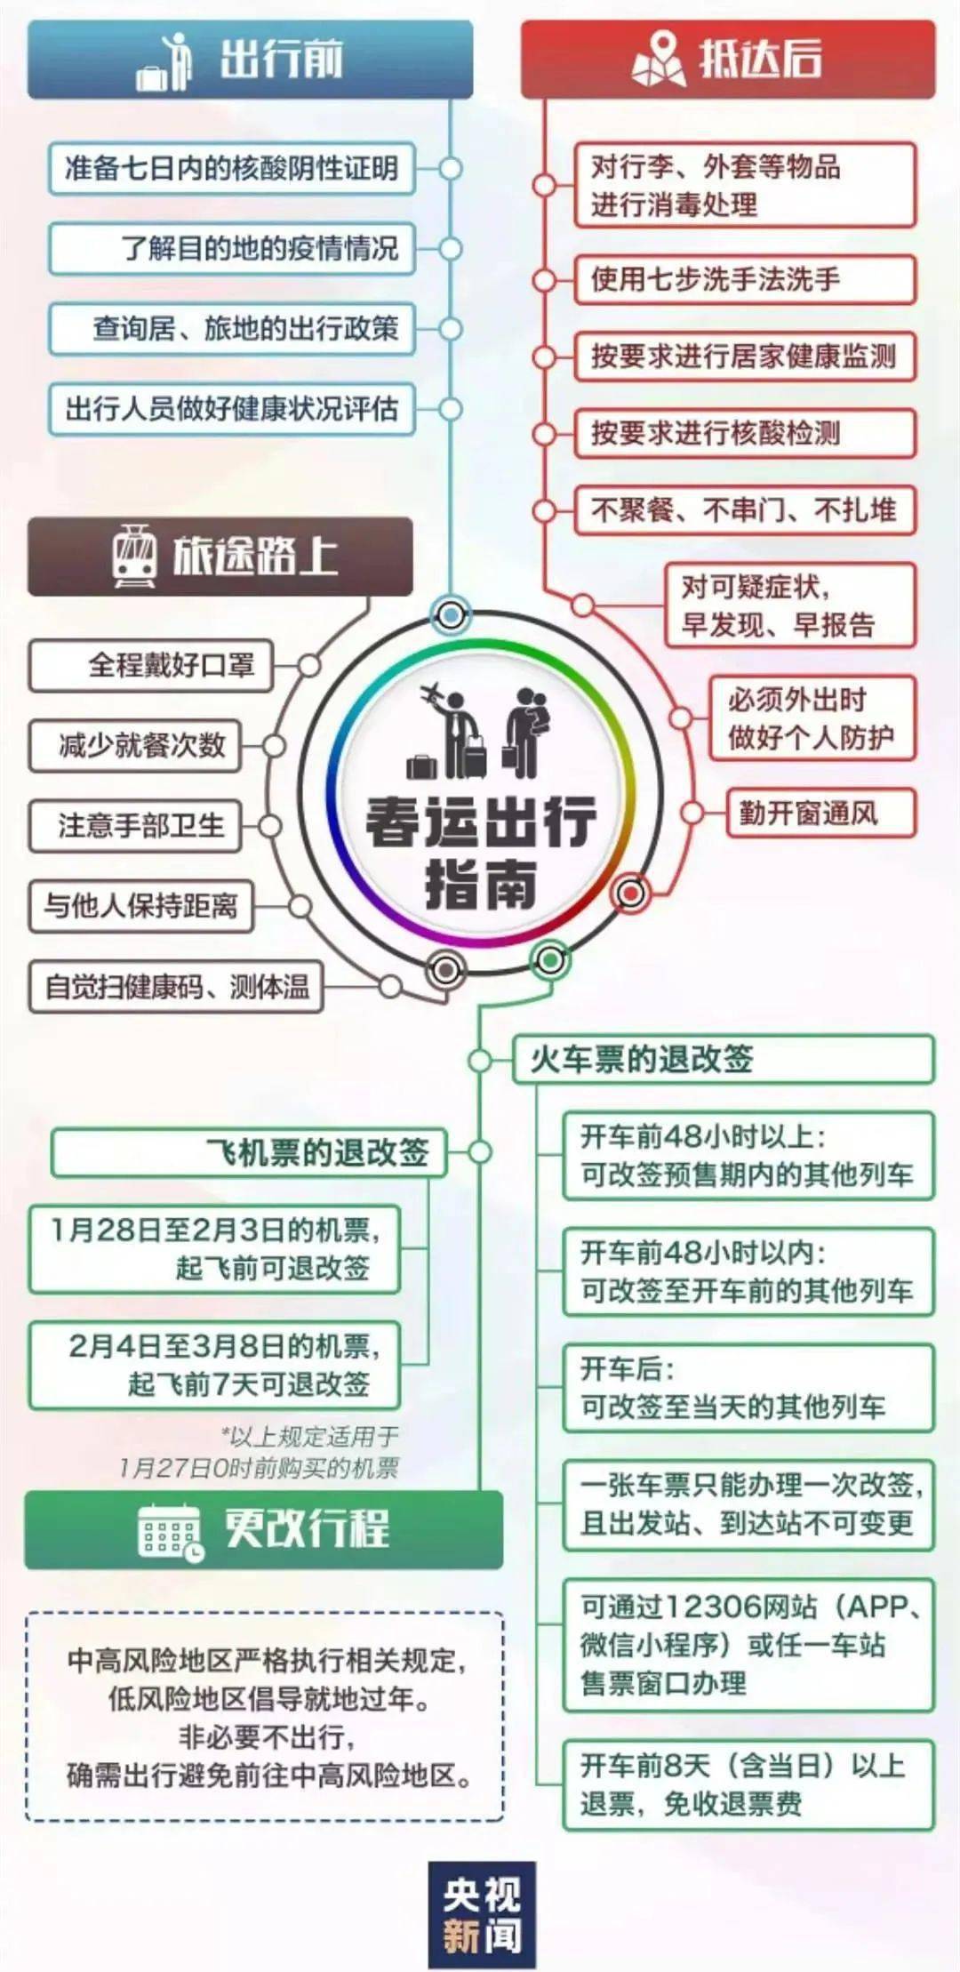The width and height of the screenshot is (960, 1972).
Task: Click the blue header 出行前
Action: point(250,60)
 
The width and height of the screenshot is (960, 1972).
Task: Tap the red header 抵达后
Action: point(728,60)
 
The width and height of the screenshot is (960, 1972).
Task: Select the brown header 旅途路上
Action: point(220,557)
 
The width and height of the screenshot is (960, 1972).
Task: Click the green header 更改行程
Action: point(263,1530)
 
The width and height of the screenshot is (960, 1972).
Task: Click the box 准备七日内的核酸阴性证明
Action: point(231,168)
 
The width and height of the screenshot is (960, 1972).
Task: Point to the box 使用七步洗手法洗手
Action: point(745,280)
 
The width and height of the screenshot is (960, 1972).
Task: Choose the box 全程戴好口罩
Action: point(151,665)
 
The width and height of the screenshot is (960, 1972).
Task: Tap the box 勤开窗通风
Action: point(821,813)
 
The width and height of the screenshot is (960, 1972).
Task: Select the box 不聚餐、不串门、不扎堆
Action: point(745,510)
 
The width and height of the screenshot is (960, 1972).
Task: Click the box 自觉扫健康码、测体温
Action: point(176,986)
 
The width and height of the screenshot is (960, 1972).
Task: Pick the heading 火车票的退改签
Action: point(724,1059)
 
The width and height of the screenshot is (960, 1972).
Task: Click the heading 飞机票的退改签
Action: point(249,1153)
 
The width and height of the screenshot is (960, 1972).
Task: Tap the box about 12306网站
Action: point(748,1645)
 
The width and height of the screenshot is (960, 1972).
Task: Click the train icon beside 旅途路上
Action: point(134,556)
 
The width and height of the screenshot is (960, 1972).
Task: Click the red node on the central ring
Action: point(630,892)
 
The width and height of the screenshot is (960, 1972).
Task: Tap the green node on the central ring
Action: point(550,959)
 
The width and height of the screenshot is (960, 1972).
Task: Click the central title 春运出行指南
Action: point(481,852)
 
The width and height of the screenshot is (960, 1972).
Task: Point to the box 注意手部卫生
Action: point(135,826)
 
